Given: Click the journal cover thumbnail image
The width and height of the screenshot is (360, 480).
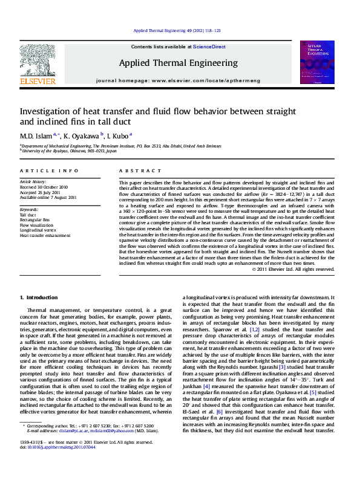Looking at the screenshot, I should [x=317, y=62].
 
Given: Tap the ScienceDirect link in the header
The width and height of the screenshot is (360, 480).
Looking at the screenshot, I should [x=209, y=47].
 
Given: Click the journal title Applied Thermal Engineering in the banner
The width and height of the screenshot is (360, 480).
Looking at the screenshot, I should [x=178, y=63].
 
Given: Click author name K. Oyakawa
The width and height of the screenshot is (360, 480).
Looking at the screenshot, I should [x=82, y=135].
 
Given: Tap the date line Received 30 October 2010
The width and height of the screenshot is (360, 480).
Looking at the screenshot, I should [x=44, y=187].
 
